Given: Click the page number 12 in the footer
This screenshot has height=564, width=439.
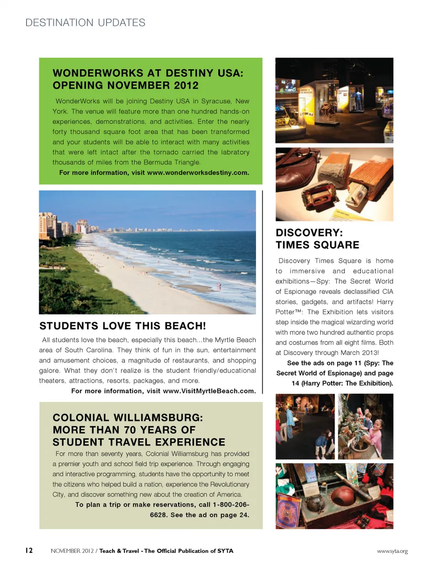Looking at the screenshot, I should [28, 550].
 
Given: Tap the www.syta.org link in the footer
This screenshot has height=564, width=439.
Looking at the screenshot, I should [392, 551].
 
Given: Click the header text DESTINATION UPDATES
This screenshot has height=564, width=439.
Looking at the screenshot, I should [86, 22].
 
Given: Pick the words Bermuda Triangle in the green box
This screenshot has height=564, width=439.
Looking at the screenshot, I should [176, 162].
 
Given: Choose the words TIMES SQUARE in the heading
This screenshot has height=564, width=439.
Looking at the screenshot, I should [317, 245].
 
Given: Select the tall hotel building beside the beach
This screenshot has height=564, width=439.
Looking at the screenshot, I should [47, 225].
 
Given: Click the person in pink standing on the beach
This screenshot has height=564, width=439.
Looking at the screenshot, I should [219, 287].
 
